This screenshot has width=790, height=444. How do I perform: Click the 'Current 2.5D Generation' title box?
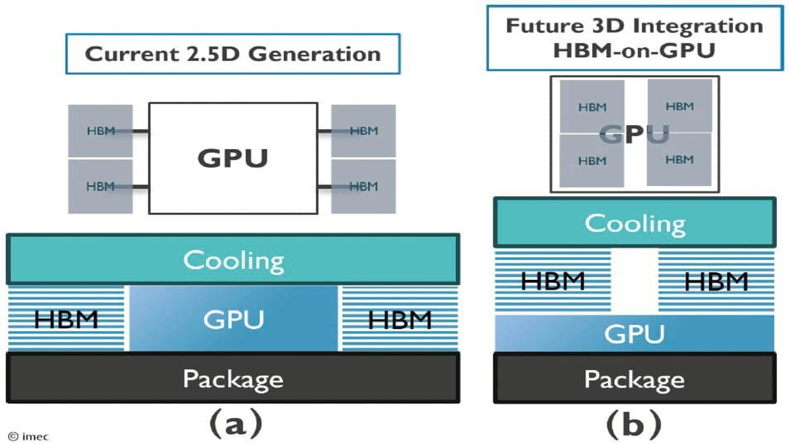pos(233,54)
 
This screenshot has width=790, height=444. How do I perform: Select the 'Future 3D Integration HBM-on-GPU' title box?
pos(634,38)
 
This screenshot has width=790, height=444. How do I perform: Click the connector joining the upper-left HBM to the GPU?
pos(140,131)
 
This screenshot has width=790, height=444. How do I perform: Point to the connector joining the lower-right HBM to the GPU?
pos(325,187)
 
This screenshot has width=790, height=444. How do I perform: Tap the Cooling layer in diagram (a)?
pos(233,260)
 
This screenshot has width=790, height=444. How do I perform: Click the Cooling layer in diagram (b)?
pos(634,223)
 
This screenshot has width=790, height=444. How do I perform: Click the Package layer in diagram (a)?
pos(233,378)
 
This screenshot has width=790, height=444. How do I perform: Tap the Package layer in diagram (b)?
pos(634,378)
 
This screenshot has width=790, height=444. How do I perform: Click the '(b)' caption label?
pos(634,424)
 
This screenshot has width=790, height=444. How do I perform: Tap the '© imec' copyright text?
pos(28,437)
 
